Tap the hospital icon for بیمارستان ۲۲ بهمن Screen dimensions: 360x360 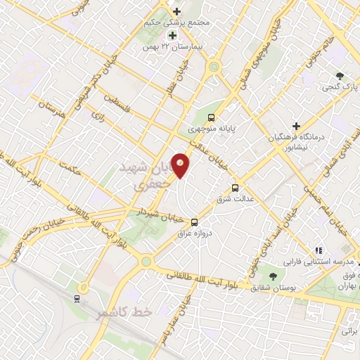click(171, 35)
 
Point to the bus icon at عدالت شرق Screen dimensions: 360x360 click(236, 188)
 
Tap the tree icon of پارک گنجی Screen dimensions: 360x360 click(340, 76)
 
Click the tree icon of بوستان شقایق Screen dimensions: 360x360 click(273, 276)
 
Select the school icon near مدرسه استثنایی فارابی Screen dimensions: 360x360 click(318, 250)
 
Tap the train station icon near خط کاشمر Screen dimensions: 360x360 click(76, 298)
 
